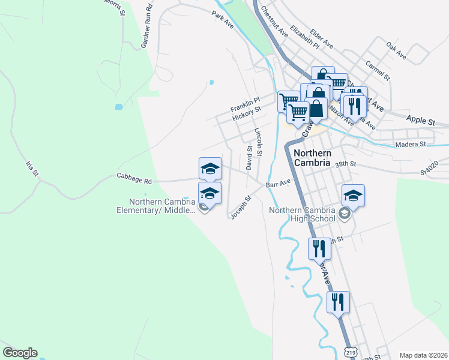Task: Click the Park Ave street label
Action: [x=222, y=20]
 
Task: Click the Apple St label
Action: [x=420, y=121]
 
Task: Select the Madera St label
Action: [x=410, y=144]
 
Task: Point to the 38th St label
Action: [x=346, y=164]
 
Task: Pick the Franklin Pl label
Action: [x=245, y=101]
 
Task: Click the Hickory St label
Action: [x=247, y=111]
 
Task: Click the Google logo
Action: [x=20, y=353]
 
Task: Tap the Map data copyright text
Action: [x=423, y=355]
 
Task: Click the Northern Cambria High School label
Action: [x=302, y=214]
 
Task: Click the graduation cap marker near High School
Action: [x=353, y=196]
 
